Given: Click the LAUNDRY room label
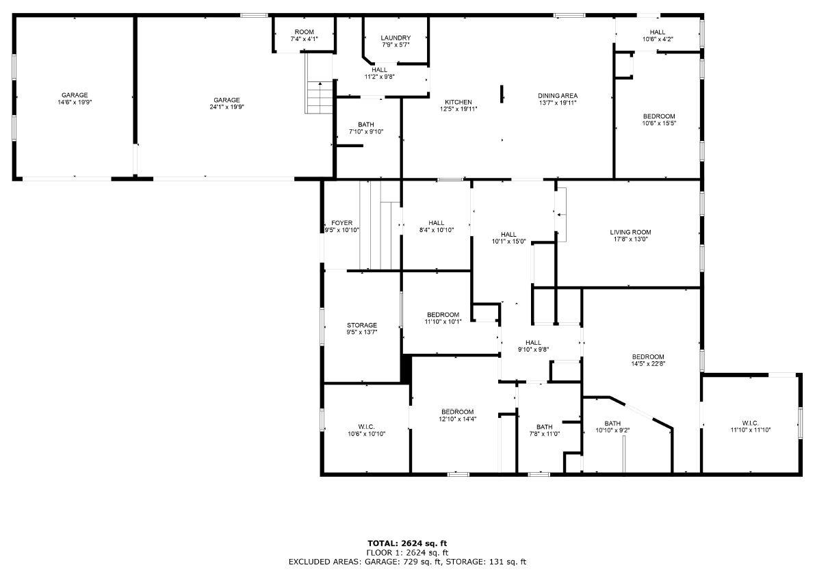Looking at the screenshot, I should coord(396,38).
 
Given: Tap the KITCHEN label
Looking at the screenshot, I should coord(458,102).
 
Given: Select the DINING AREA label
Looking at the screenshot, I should coord(557,96).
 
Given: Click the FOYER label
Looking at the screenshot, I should coord(341,223).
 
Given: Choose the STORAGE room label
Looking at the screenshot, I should coord(361,325).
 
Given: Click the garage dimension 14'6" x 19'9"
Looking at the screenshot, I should coord(75,103).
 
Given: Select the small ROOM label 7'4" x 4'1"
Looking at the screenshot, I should coord(304,39).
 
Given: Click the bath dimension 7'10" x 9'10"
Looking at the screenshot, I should coord(366,132).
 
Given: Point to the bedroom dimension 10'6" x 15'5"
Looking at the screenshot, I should coord(658,123).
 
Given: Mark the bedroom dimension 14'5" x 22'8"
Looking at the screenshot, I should coord(647,364).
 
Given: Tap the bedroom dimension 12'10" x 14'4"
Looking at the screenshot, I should coord(457,419).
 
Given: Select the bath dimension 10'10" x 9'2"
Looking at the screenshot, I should coord(612,430).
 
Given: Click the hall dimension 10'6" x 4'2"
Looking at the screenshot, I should coord(657,39).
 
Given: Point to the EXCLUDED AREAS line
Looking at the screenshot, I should coord(407,562).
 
